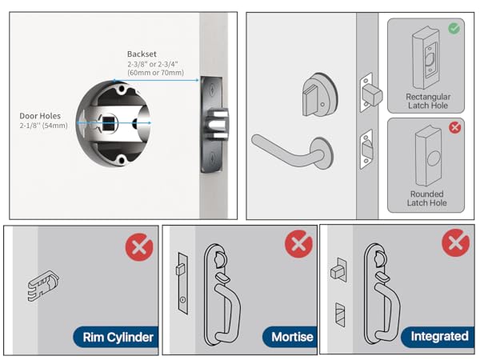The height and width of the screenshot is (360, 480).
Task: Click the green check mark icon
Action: tap(454, 28)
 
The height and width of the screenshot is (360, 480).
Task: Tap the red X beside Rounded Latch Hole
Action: tap(454, 126)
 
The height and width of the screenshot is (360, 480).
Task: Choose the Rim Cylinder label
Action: tap(115, 338)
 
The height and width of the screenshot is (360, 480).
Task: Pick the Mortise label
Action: tap(292, 337)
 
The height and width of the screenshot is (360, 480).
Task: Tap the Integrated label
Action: tap(438, 337)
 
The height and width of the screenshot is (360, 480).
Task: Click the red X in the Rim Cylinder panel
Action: tap(139, 246)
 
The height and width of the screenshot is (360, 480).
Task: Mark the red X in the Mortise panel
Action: tap(298, 243)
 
